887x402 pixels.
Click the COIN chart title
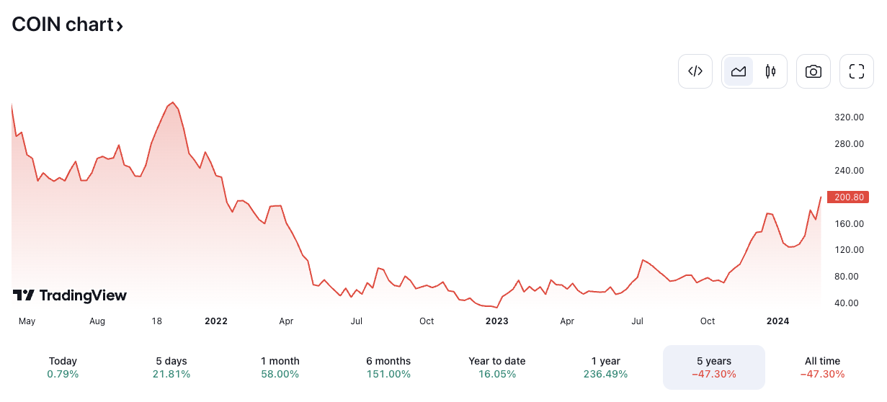pos(67,24)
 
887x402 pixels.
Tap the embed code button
pos(695,71)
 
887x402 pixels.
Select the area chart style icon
pos(739,71)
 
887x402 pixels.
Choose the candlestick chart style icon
pos(770,71)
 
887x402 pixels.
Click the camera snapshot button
pos(814,71)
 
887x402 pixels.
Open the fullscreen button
pos(857,71)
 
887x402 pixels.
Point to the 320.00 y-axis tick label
pos(849,117)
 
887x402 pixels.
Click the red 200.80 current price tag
pos(849,197)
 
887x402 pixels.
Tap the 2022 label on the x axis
pos(215,321)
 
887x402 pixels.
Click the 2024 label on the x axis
pos(777,321)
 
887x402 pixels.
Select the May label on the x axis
pos(27,321)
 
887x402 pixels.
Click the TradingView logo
pos(70,295)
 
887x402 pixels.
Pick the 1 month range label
pos(280,361)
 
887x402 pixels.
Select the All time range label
pos(822,361)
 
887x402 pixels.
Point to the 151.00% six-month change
pos(388,375)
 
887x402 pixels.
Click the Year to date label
pos(496,361)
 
